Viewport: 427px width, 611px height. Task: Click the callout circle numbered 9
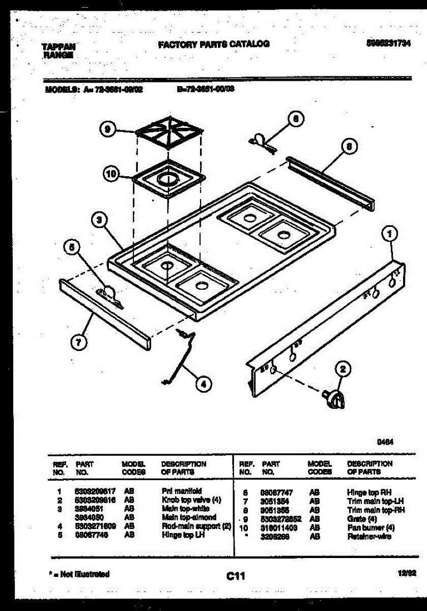(107, 130)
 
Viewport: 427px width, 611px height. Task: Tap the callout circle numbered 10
(111, 174)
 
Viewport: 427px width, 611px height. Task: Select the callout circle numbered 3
(101, 220)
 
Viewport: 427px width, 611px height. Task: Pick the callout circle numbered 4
(204, 384)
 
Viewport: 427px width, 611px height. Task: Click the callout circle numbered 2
(343, 369)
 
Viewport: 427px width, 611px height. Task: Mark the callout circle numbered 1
(389, 235)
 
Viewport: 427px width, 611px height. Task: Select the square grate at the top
(170, 132)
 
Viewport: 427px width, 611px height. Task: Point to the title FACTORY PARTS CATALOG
(214, 44)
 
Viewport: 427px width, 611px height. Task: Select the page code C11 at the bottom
(236, 576)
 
